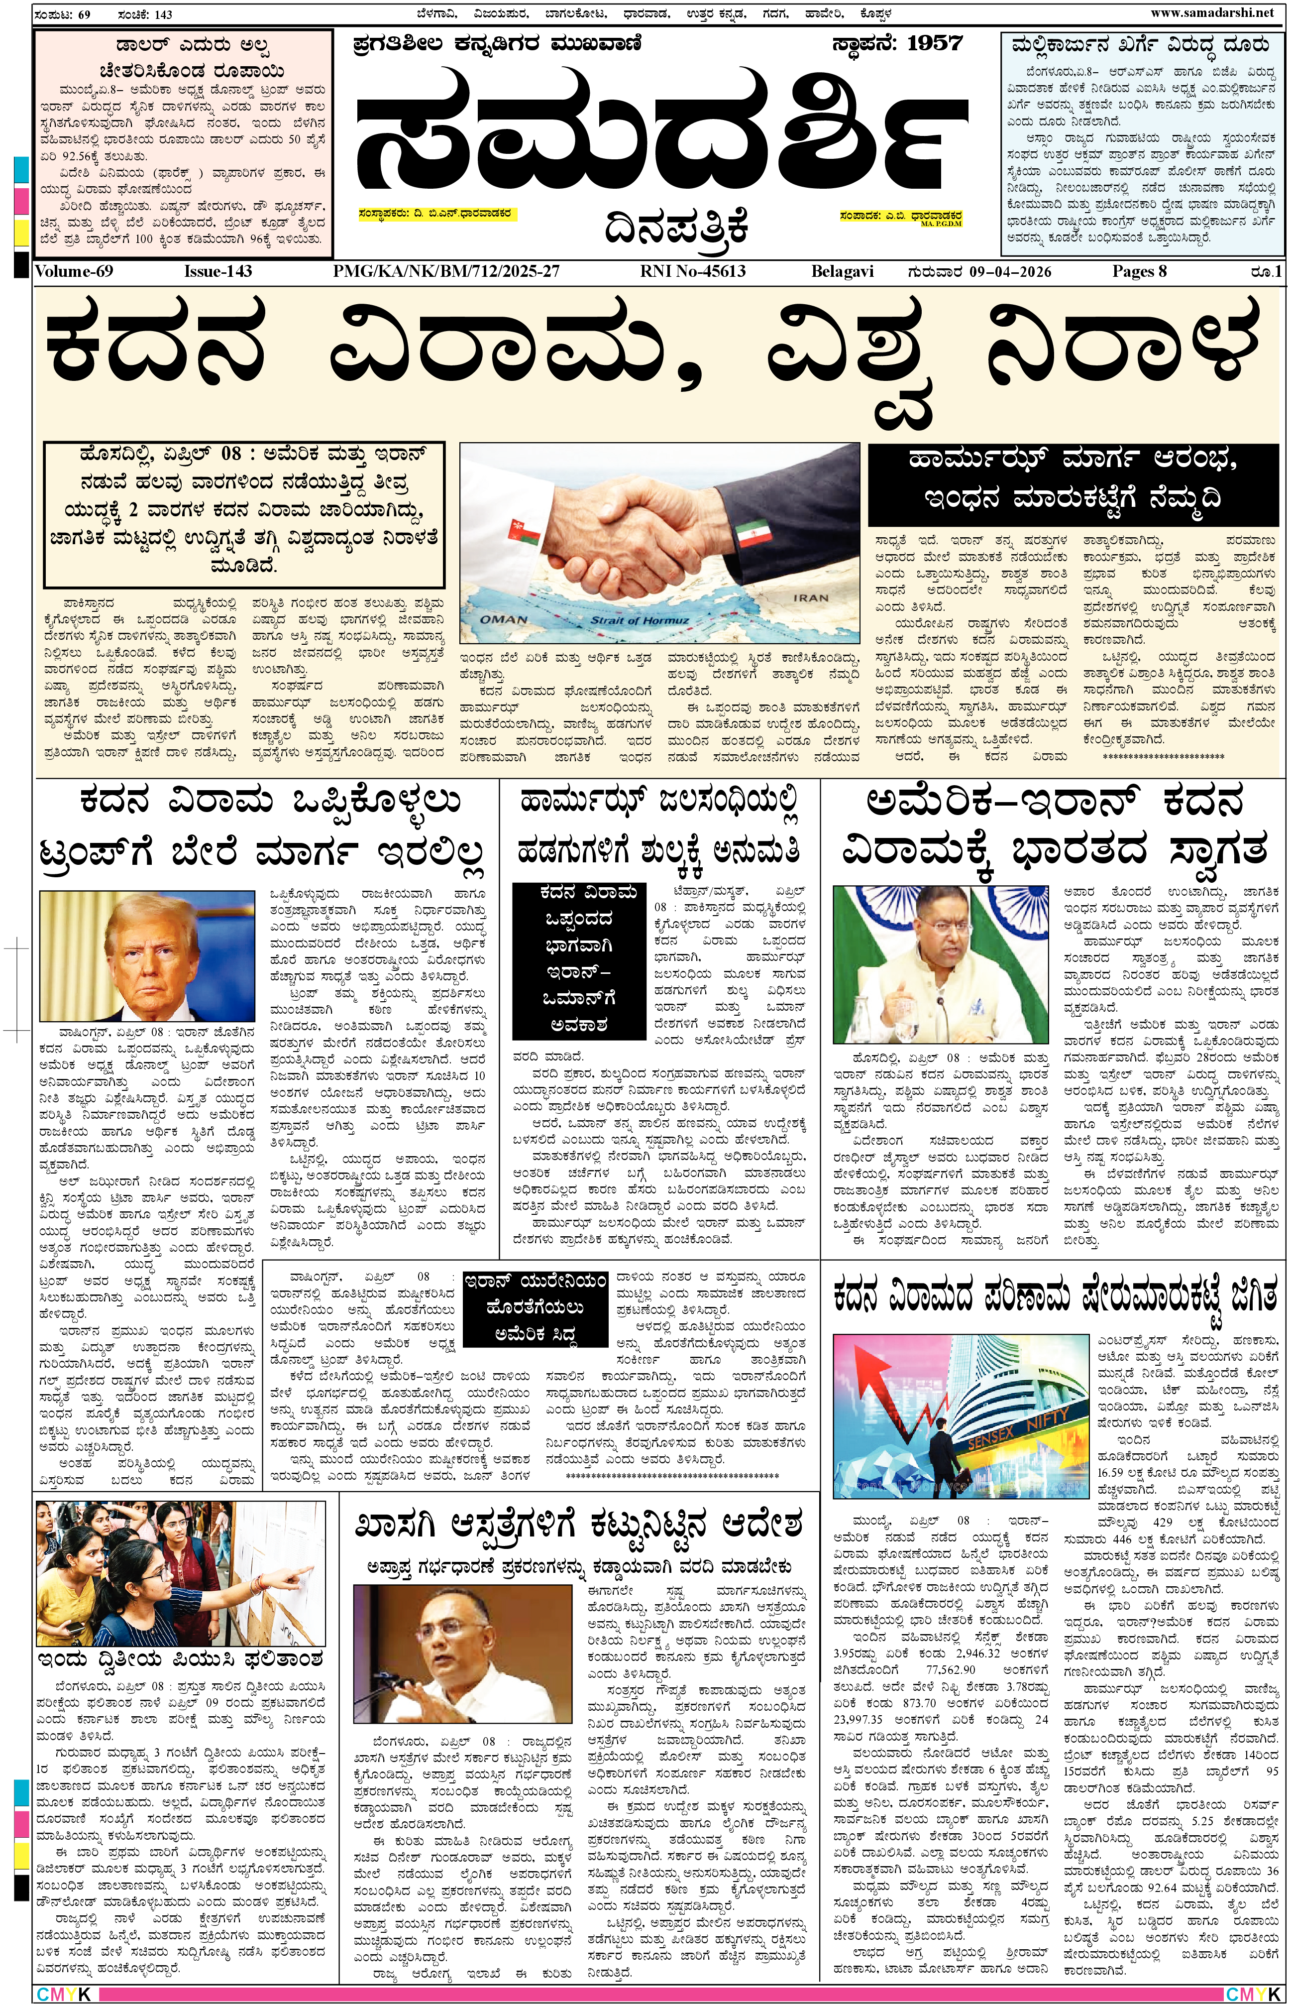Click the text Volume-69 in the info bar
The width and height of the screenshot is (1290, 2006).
74,271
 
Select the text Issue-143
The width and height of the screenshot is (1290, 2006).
218,271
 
